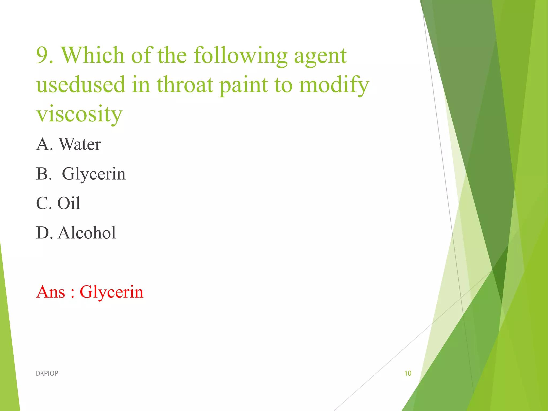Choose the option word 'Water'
coord(80,144)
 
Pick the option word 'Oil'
coord(69,203)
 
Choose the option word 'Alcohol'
coord(87,233)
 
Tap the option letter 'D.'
coord(44,233)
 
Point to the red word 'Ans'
coord(51,292)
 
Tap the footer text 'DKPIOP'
coord(47,373)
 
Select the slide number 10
coord(408,373)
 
